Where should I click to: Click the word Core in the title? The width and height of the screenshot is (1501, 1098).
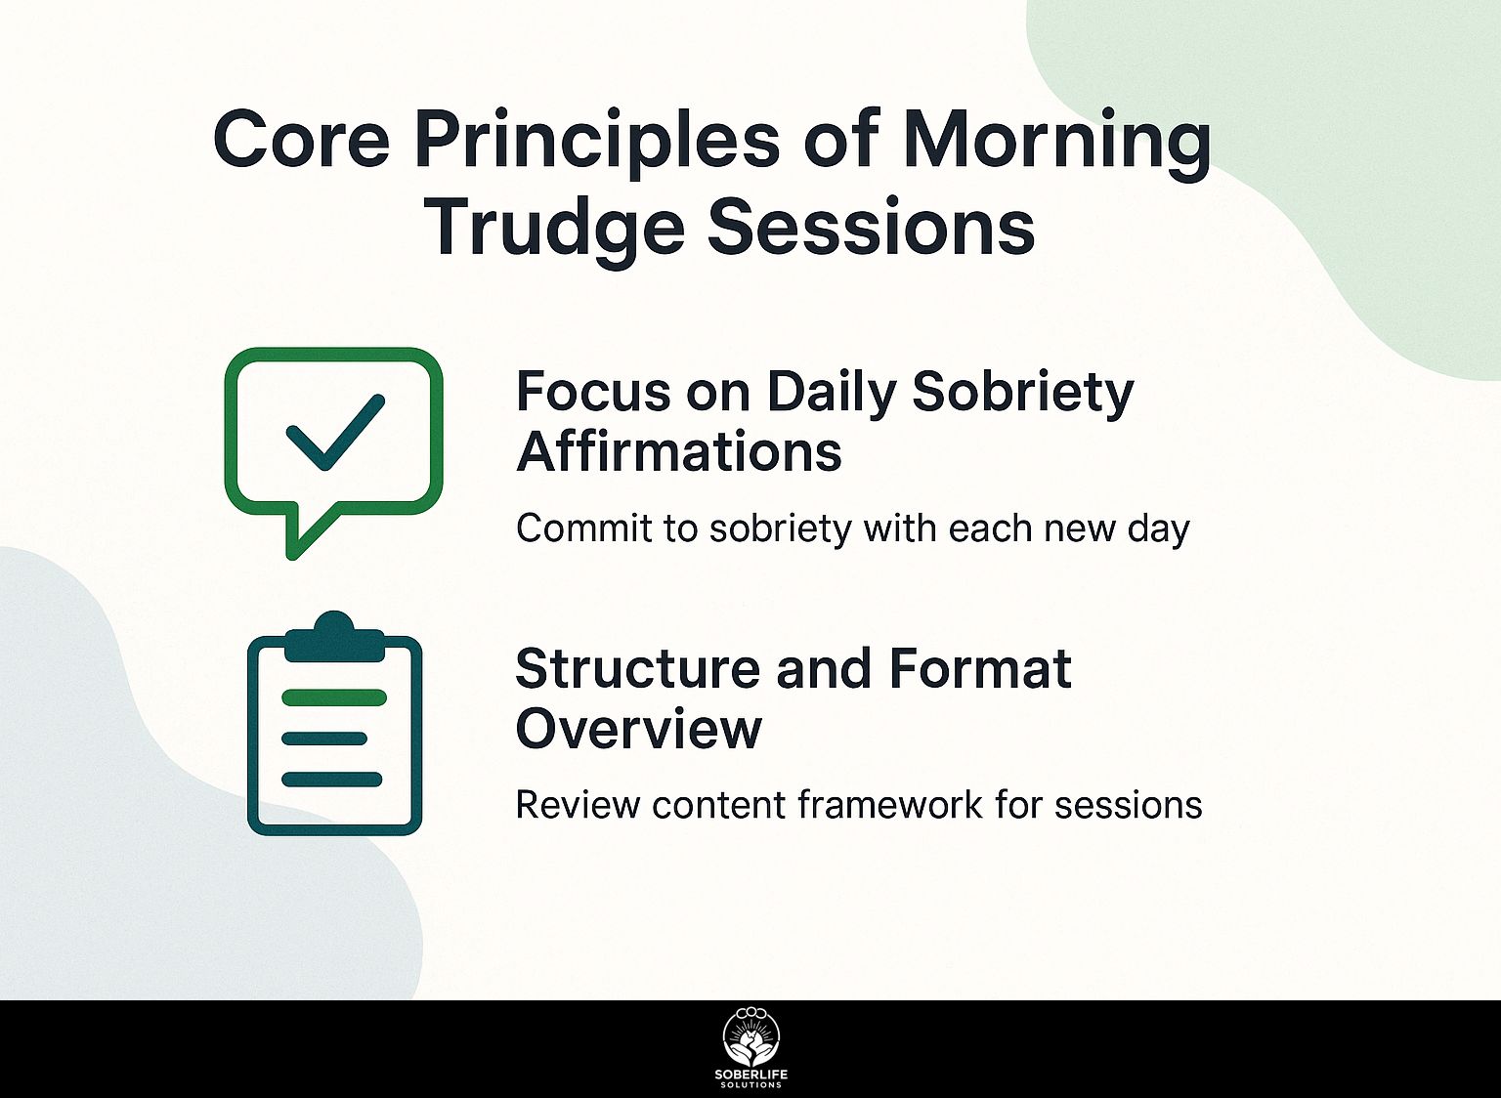pyautogui.click(x=301, y=142)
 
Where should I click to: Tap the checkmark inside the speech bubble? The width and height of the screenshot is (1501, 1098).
pyautogui.click(x=335, y=432)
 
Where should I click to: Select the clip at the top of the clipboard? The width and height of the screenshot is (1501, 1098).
pyautogui.click(x=333, y=637)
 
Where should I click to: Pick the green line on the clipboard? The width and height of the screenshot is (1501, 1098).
pyautogui.click(x=334, y=697)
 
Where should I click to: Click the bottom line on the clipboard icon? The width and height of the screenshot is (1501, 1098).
pyautogui.click(x=331, y=780)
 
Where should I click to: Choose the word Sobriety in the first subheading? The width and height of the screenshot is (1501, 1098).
pyautogui.click(x=1023, y=395)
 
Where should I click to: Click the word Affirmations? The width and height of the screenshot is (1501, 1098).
pyautogui.click(x=679, y=452)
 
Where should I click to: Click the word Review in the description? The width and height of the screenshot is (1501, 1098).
pyautogui.click(x=578, y=805)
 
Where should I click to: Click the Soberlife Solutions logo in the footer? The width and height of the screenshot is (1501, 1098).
pyautogui.click(x=750, y=1047)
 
